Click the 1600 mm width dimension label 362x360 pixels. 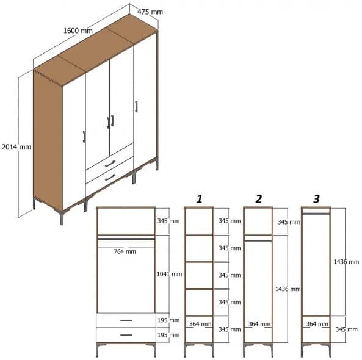pyautogui.click(x=79, y=31)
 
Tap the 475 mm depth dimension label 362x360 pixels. pyautogui.click(x=150, y=12)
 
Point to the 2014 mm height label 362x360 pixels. pyautogui.click(x=16, y=147)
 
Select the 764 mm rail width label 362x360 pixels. pyautogui.click(x=125, y=251)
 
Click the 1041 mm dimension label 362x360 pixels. pyautogui.click(x=168, y=274)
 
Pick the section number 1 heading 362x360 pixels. pyautogui.click(x=199, y=199)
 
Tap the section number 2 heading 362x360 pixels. pyautogui.click(x=259, y=199)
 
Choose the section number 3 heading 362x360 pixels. pyautogui.click(x=316, y=199)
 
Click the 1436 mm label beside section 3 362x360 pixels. pyautogui.click(x=346, y=262)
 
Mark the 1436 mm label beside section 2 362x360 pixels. pyautogui.click(x=288, y=289)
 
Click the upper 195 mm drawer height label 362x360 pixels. pyautogui.click(x=168, y=320)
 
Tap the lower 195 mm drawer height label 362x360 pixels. pyautogui.click(x=168, y=336)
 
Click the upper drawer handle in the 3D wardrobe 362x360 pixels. pyautogui.click(x=110, y=164)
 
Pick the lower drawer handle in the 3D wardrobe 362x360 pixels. pyautogui.click(x=110, y=178)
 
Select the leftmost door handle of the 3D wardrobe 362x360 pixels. pyautogui.click(x=84, y=136)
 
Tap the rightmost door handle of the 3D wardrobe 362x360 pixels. pyautogui.click(x=137, y=107)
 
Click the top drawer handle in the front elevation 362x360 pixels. pyautogui.click(x=126, y=320)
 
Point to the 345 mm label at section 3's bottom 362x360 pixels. pyautogui.click(x=346, y=329)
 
